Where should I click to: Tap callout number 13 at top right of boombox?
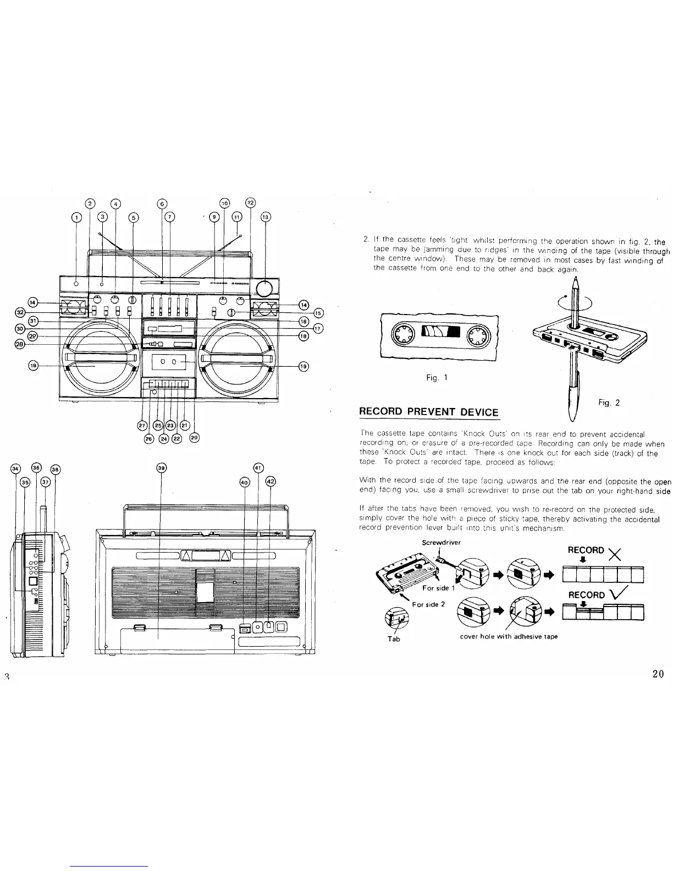click(x=266, y=216)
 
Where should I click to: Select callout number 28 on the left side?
click(x=20, y=344)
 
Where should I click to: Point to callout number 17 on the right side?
click(x=318, y=329)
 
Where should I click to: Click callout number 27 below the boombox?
click(x=142, y=425)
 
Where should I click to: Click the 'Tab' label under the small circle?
click(x=391, y=639)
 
